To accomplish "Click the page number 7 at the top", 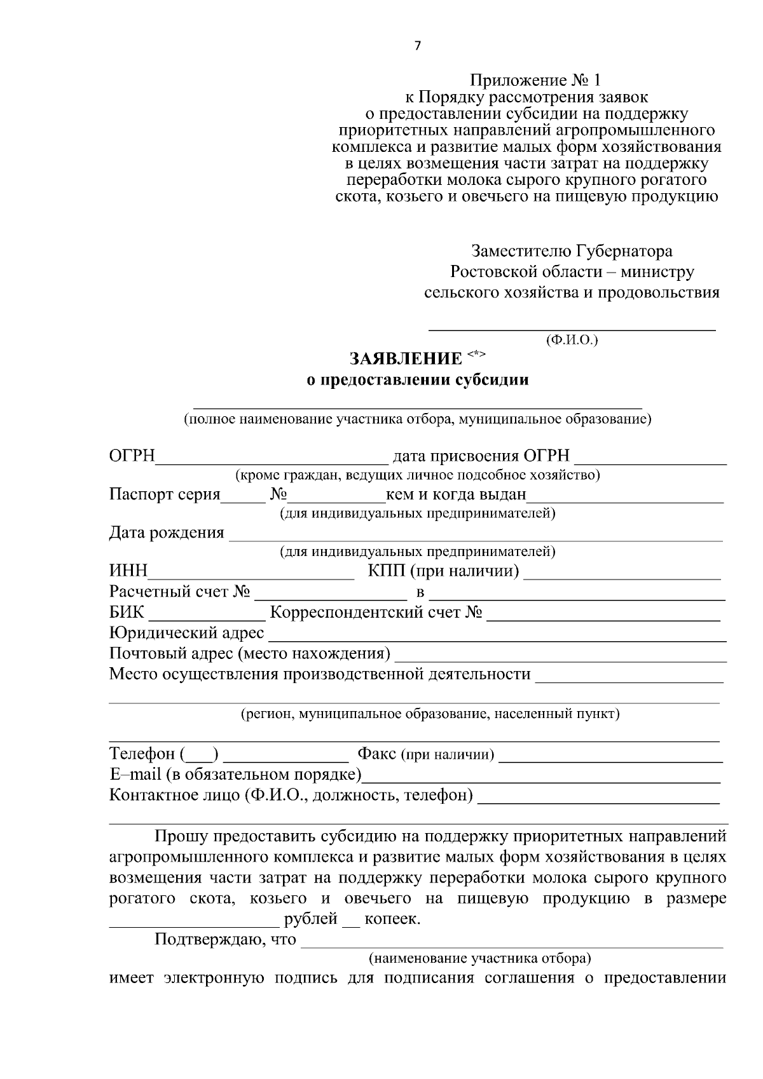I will [x=417, y=46].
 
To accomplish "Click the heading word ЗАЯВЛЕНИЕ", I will [x=406, y=359].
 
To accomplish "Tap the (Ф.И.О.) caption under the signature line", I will [x=572, y=340].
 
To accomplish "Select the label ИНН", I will [x=128, y=571].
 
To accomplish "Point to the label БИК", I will [x=127, y=613].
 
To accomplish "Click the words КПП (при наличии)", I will [x=443, y=571].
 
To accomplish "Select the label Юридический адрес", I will [x=186, y=634].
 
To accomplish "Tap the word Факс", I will [x=377, y=754].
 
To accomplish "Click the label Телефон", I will [x=142, y=754].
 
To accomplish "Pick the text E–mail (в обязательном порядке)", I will [x=235, y=775].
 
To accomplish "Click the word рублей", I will [x=310, y=919].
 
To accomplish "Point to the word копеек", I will [x=392, y=919].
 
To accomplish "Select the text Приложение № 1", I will [x=535, y=81].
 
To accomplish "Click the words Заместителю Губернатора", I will [x=572, y=251].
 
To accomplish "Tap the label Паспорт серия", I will [x=165, y=494].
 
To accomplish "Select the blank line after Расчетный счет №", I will [x=330, y=594].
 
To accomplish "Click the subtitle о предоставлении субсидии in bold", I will [x=418, y=380].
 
